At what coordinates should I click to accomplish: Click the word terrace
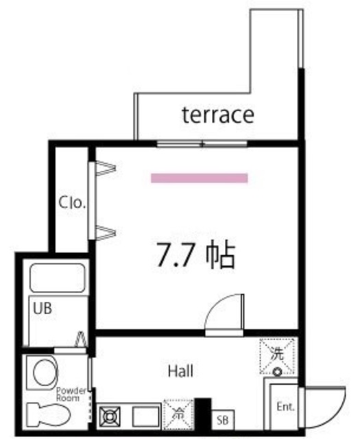pyautogui.click(x=217, y=115)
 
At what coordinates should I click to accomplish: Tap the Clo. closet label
pyautogui.click(x=71, y=203)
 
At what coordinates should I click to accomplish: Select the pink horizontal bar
pyautogui.click(x=199, y=178)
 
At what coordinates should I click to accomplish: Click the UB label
pyautogui.click(x=43, y=308)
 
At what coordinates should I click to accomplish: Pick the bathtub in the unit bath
pyautogui.click(x=57, y=276)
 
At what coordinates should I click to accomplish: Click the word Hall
pyautogui.click(x=180, y=372)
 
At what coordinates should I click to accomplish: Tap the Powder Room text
pyautogui.click(x=71, y=394)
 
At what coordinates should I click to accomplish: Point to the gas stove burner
pyautogui.click(x=111, y=416)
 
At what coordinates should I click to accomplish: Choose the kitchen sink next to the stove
pyautogui.click(x=145, y=416)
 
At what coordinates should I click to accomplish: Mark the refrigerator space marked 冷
pyautogui.click(x=178, y=414)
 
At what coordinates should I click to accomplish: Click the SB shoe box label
pyautogui.click(x=221, y=419)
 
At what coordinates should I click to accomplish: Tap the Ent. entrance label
pyautogui.click(x=285, y=407)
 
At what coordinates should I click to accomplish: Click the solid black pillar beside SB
pyautogui.click(x=202, y=413)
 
